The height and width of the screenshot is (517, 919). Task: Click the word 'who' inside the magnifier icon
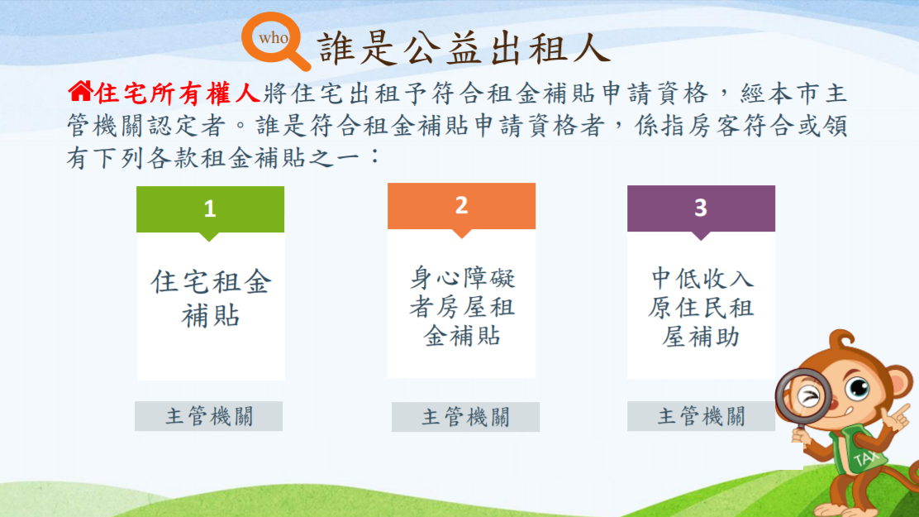click(273, 38)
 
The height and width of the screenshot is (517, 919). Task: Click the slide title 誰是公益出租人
click(464, 47)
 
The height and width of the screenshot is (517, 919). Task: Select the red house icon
click(80, 91)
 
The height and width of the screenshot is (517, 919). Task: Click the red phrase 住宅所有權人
click(177, 93)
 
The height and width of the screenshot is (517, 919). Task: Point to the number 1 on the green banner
click(210, 209)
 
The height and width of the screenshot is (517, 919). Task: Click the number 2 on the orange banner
click(461, 205)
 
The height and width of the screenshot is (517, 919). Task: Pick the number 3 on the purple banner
click(700, 208)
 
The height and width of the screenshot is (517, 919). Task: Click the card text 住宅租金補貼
click(211, 299)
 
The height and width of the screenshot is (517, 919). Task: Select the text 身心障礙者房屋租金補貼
click(462, 307)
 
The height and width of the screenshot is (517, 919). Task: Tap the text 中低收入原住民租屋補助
click(701, 308)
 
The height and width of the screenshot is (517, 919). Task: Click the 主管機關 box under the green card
click(208, 416)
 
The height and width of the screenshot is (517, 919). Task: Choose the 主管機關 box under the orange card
click(465, 417)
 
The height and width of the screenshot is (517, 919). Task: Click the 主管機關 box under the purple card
click(701, 416)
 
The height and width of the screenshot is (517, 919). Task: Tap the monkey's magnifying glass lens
click(805, 395)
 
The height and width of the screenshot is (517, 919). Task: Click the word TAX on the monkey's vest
click(866, 457)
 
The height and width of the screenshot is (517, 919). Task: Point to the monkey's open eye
click(859, 388)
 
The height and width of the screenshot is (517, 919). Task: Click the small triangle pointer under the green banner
click(209, 237)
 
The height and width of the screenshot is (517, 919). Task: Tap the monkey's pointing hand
click(896, 417)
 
